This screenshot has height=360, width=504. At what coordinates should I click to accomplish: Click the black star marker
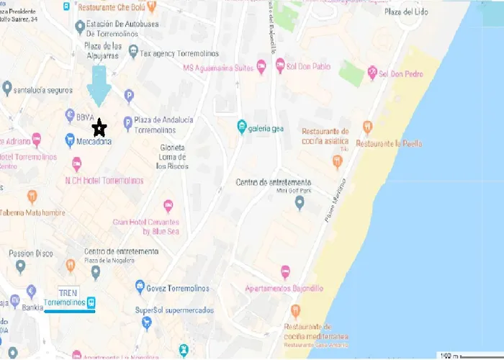(100, 128)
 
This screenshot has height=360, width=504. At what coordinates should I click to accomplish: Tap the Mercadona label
(94, 142)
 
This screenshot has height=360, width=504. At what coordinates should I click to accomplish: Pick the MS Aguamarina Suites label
(218, 68)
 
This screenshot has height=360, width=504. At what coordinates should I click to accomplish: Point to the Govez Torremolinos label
(177, 288)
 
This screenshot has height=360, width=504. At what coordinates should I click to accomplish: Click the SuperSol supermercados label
(174, 310)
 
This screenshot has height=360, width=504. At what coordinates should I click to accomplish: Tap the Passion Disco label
(31, 253)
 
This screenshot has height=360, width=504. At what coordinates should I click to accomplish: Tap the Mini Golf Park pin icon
(300, 203)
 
